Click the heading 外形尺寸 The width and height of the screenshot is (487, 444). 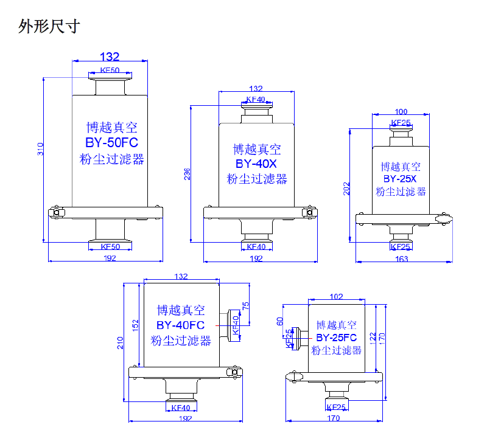point(49,27)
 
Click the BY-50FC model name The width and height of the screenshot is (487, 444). point(112,144)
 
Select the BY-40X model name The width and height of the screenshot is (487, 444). point(256,164)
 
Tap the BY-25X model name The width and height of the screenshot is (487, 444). point(400,179)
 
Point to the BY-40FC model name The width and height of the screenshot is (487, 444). point(180,325)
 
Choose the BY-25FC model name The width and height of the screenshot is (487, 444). point(336,337)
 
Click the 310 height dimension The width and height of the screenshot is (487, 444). point(41,149)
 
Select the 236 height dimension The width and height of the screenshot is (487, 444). point(187,175)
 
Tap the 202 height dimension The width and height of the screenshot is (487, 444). point(346,188)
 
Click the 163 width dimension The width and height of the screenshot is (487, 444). point(402,260)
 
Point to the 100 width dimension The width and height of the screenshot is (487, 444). point(401,111)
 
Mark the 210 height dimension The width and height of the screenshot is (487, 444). point(121,343)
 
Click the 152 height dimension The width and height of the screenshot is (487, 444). point(136,326)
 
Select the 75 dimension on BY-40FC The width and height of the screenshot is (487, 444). point(246,307)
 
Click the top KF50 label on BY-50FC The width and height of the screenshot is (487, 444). point(110,71)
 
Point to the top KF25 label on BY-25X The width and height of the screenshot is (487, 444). point(401,123)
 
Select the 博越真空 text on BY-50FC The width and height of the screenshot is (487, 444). point(112,128)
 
